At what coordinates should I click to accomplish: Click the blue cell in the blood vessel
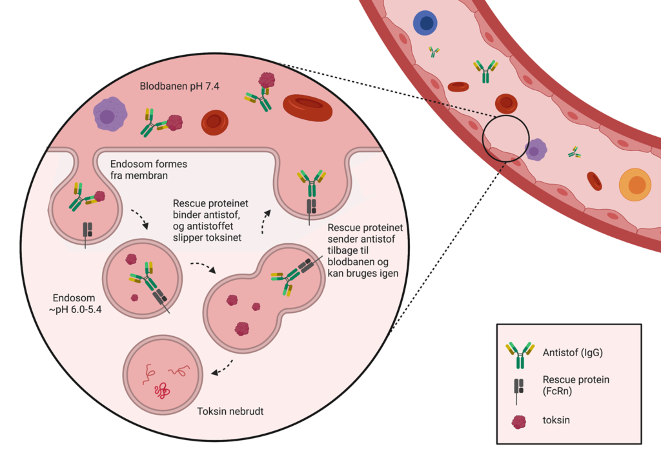coord(426,24)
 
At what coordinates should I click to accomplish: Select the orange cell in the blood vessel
coord(636,185)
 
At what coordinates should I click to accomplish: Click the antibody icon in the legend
coord(520,351)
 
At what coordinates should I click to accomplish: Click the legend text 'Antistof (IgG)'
coord(573,352)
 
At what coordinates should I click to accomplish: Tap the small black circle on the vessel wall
coord(506,139)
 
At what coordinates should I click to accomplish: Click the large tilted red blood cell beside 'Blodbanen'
coord(307,108)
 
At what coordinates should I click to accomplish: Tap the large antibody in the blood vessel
coord(486,72)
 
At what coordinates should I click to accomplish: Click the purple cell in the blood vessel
coord(536,150)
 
